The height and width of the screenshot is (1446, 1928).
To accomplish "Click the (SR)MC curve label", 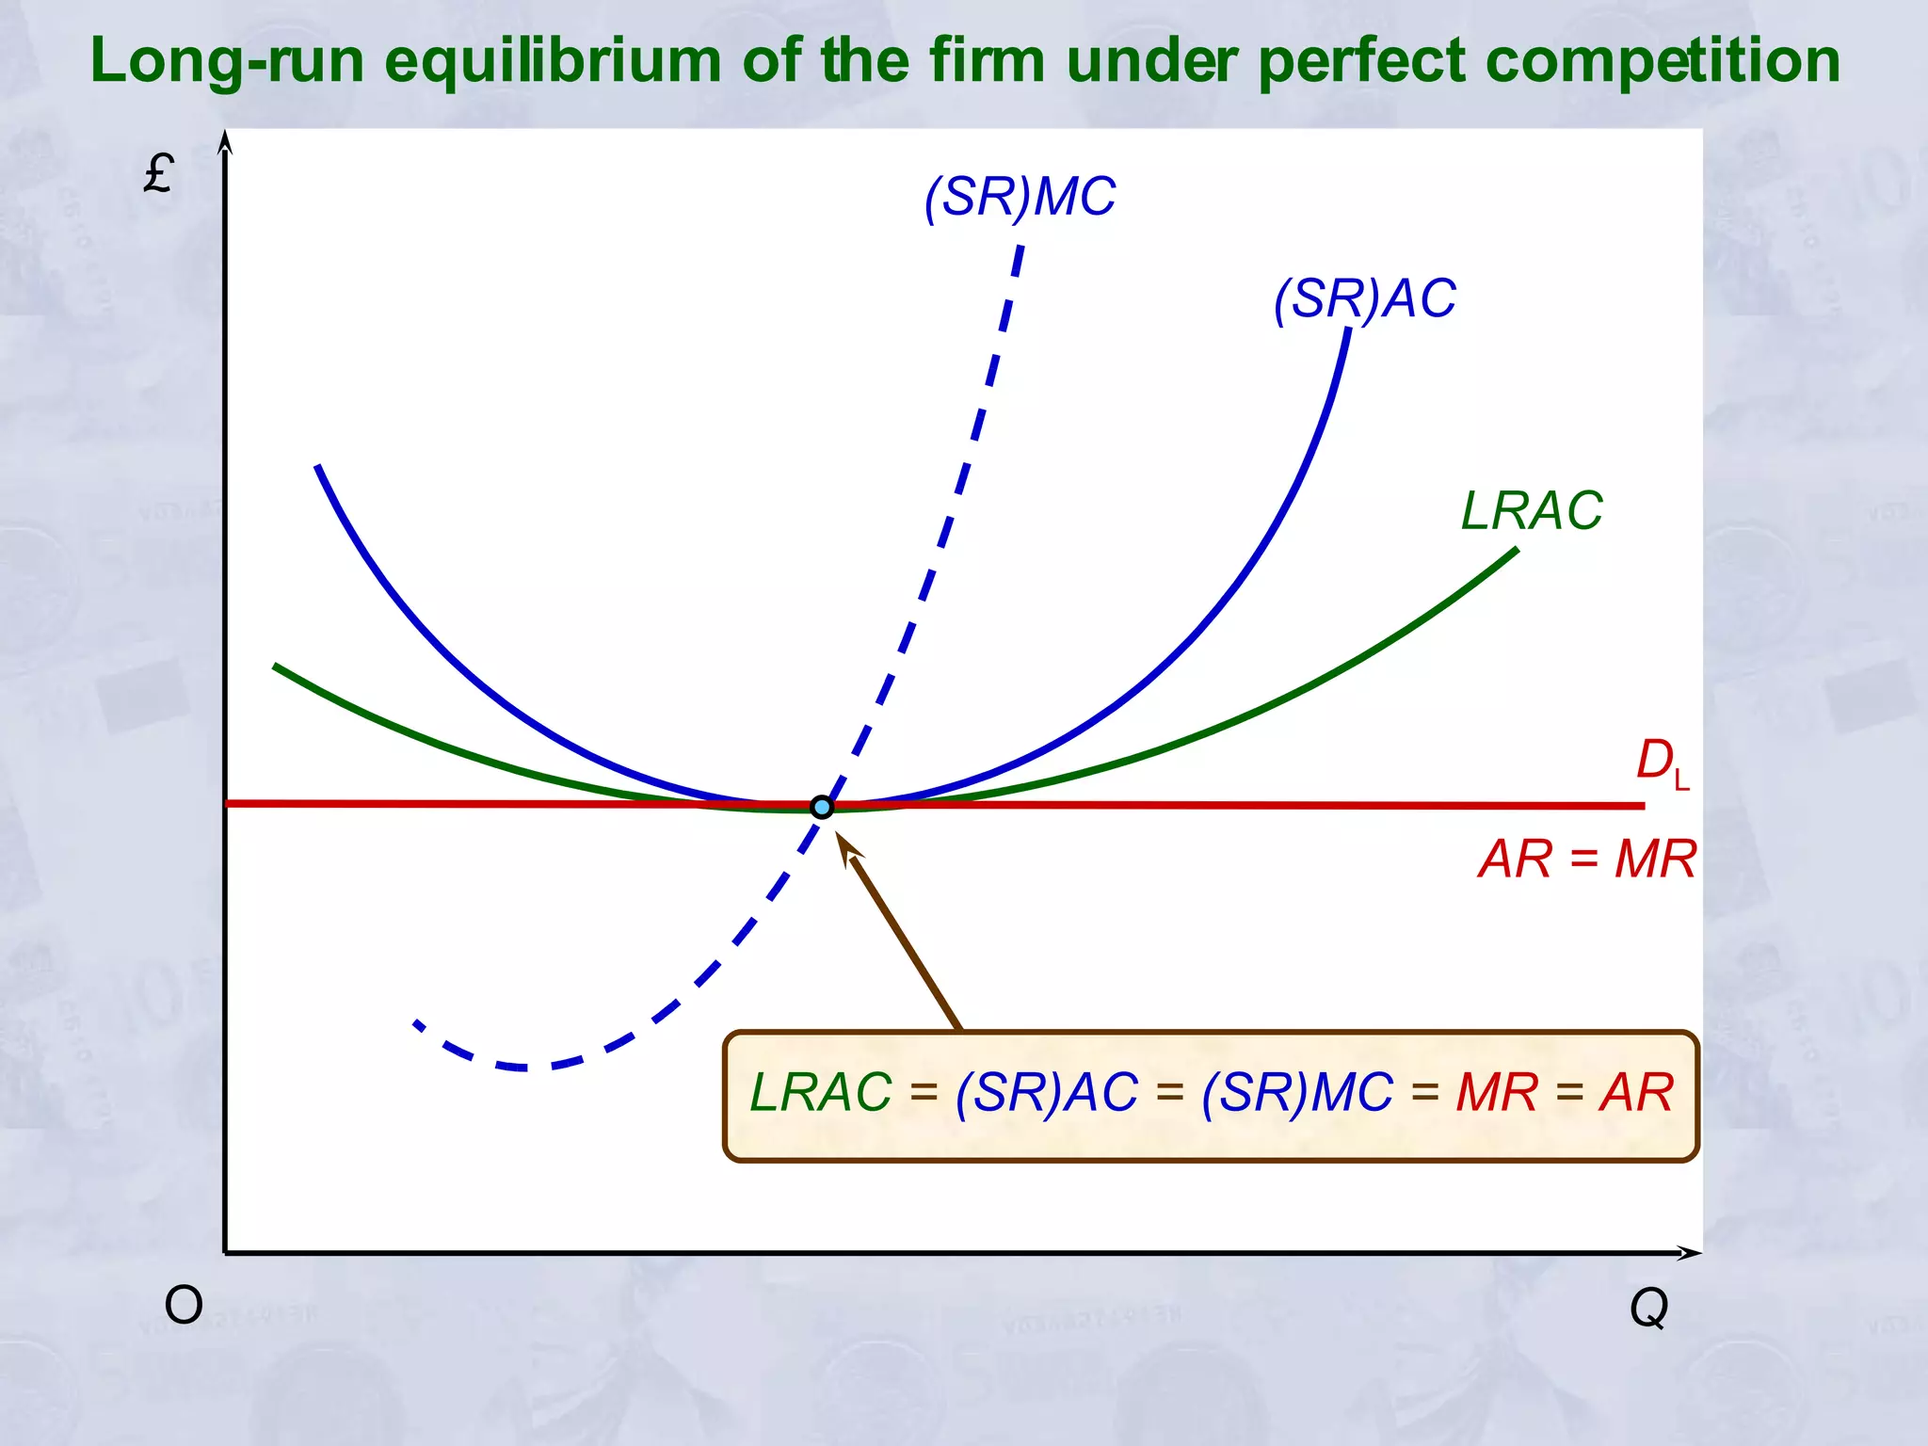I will [1020, 197].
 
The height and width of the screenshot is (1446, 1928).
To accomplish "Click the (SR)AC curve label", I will [1364, 298].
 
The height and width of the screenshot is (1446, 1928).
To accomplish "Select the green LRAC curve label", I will [1531, 510].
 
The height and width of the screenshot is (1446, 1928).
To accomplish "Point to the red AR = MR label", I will [1587, 859].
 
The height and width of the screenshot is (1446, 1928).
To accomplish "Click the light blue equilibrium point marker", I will [822, 807].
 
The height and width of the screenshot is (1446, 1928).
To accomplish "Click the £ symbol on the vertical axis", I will [158, 173].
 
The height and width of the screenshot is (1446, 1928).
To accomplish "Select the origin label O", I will [184, 1306].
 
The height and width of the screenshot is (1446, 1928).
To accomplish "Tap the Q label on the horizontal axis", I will [1648, 1307].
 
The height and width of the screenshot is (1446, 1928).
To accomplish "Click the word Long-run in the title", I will [227, 60].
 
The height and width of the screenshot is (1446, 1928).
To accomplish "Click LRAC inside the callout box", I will [821, 1092].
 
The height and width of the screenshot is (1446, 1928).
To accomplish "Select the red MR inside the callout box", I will [1497, 1092].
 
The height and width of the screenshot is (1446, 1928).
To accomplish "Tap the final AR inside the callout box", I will [1636, 1092].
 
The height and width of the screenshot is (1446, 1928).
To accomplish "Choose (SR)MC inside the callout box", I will [1297, 1092].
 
